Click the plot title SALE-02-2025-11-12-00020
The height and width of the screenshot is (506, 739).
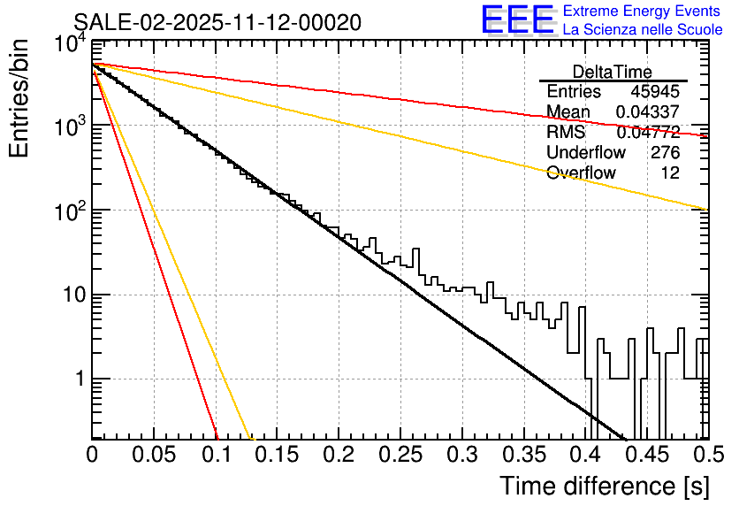[x=217, y=23]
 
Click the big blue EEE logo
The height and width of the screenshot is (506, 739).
[x=518, y=21]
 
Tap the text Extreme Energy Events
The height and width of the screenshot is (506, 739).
[x=643, y=11]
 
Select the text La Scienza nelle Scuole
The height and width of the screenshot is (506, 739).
[x=643, y=30]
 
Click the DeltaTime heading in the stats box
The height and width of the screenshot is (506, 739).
[x=613, y=72]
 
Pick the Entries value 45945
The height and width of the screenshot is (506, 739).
[x=655, y=92]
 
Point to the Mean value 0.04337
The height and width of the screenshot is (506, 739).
[x=648, y=112]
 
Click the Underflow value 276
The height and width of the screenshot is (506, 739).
[x=665, y=152]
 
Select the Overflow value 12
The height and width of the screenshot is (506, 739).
[x=670, y=172]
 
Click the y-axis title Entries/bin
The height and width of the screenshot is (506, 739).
[x=19, y=97]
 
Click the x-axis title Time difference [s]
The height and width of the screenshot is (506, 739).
[x=605, y=486]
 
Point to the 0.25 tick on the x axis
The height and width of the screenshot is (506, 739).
[x=399, y=455]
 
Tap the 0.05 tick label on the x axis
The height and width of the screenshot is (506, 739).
[x=153, y=455]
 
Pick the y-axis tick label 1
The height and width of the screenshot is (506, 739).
[x=78, y=379]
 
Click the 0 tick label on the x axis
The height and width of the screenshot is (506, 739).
[x=92, y=455]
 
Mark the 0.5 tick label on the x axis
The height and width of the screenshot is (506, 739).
[x=707, y=455]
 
